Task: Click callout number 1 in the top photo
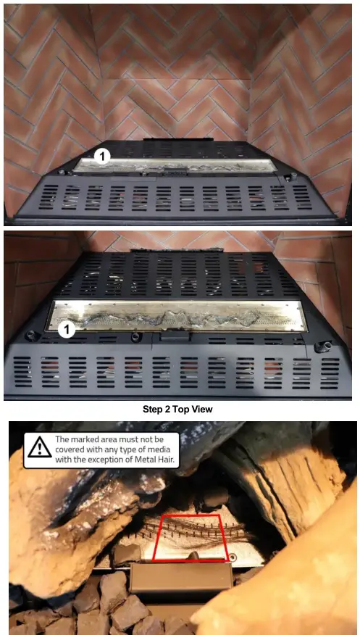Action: click(102, 155)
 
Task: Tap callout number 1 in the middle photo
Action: click(66, 329)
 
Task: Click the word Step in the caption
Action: click(156, 409)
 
